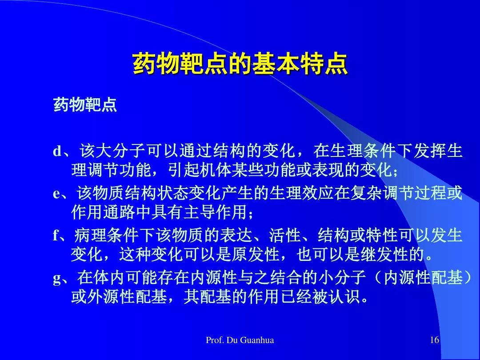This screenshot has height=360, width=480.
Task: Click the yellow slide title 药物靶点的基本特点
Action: (x=240, y=64)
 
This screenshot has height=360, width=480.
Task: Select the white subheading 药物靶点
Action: (x=85, y=105)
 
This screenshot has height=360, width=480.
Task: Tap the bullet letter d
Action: (x=57, y=151)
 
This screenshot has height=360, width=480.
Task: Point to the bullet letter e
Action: (x=56, y=194)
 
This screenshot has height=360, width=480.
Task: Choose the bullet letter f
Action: (x=56, y=235)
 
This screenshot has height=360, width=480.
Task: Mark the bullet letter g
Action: (x=57, y=279)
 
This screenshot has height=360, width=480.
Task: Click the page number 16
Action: (x=434, y=340)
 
